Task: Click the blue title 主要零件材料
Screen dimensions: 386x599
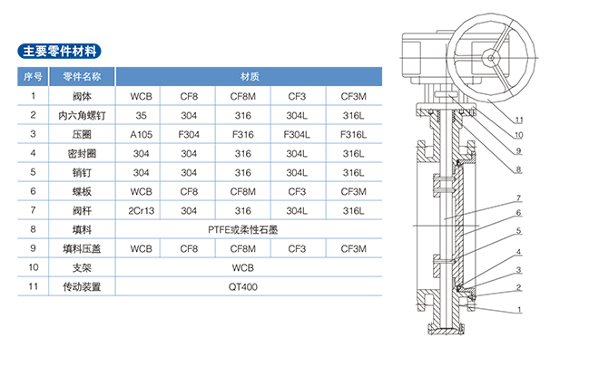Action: coord(61,50)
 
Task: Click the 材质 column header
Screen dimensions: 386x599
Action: coord(250,76)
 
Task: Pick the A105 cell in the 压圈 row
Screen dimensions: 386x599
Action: coord(141,134)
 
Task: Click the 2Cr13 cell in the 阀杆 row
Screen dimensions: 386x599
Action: coord(141,210)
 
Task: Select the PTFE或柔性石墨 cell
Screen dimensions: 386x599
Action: coord(250,230)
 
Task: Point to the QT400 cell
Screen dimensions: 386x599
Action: coord(250,287)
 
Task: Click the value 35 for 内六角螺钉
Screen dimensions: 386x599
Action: coord(141,115)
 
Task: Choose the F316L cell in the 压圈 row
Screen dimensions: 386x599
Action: coord(353,134)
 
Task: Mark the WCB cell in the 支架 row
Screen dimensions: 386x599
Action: coord(250,268)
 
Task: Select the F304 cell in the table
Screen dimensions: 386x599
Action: coord(189,134)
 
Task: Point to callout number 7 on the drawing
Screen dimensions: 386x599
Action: coord(518,198)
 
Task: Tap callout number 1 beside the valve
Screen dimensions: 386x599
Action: coord(518,309)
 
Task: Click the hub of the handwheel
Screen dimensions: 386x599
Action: coord(489,55)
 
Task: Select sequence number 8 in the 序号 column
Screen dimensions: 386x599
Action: coord(33,230)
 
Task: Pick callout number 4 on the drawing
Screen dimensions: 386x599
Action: coord(518,253)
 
